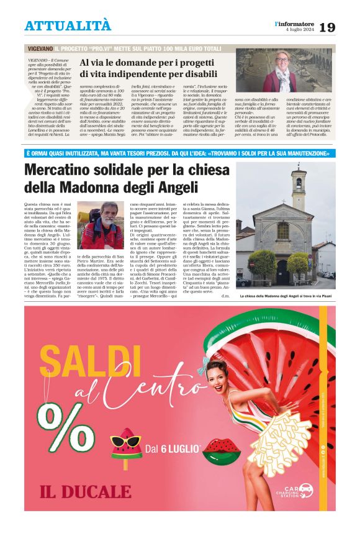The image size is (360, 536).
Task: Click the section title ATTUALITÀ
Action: [68, 25]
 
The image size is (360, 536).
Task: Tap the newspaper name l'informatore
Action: [295, 23]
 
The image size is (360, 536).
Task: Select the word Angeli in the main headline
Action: [176, 186]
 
